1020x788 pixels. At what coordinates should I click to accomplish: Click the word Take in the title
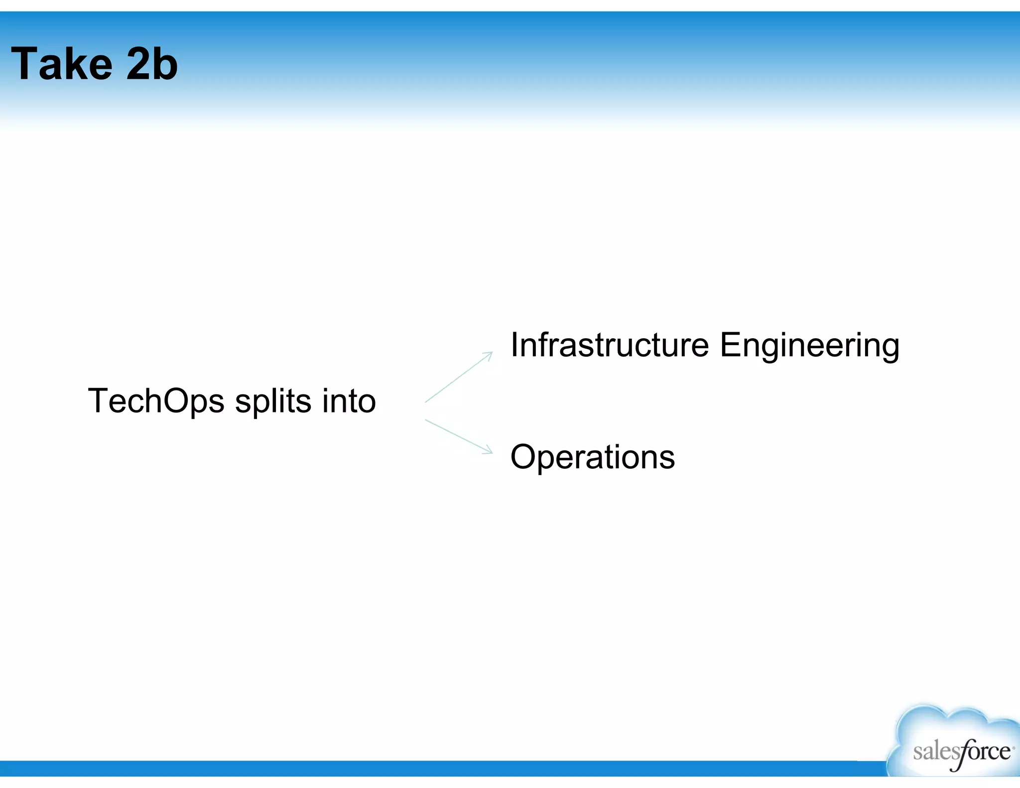[x=62, y=64]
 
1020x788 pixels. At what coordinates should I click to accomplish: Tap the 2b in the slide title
[x=152, y=64]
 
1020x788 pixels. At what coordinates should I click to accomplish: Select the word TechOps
[x=156, y=401]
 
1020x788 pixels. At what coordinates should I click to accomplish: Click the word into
[x=349, y=400]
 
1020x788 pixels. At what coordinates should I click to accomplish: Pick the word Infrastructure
[x=609, y=345]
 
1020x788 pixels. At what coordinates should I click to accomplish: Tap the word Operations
[x=592, y=457]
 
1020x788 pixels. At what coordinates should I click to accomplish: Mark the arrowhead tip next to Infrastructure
[x=492, y=353]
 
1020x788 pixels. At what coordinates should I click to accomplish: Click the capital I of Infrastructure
[x=514, y=345]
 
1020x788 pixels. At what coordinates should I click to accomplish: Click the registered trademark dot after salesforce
[x=1014, y=747]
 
